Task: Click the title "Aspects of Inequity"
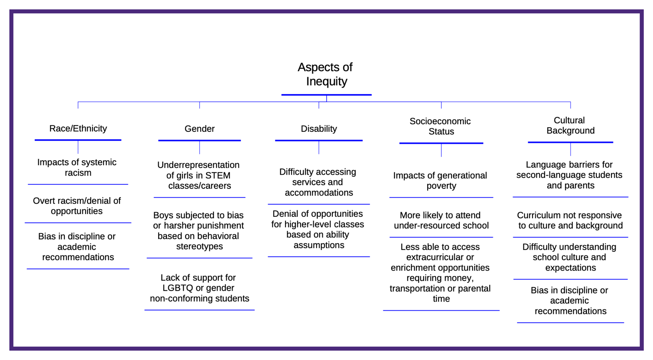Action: point(325,74)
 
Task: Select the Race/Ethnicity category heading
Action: point(78,128)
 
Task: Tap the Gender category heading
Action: point(199,129)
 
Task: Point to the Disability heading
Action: point(319,129)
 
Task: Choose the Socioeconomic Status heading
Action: point(440,126)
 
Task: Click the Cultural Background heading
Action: point(570,125)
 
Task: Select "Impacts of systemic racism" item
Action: point(77,167)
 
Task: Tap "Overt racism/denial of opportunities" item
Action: point(77,206)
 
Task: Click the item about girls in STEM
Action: point(198,175)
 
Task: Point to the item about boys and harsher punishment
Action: point(198,230)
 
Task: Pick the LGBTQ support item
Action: point(199,287)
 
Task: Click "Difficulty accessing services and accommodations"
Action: point(318,182)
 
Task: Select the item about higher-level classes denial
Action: point(318,230)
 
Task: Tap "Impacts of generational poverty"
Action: point(440,180)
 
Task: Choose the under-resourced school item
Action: point(441,220)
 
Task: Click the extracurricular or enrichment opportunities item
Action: point(440,273)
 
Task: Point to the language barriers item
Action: point(570,175)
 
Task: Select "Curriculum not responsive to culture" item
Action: point(570,220)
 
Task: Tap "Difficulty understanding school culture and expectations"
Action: point(570,257)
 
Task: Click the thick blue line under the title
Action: point(326,95)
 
